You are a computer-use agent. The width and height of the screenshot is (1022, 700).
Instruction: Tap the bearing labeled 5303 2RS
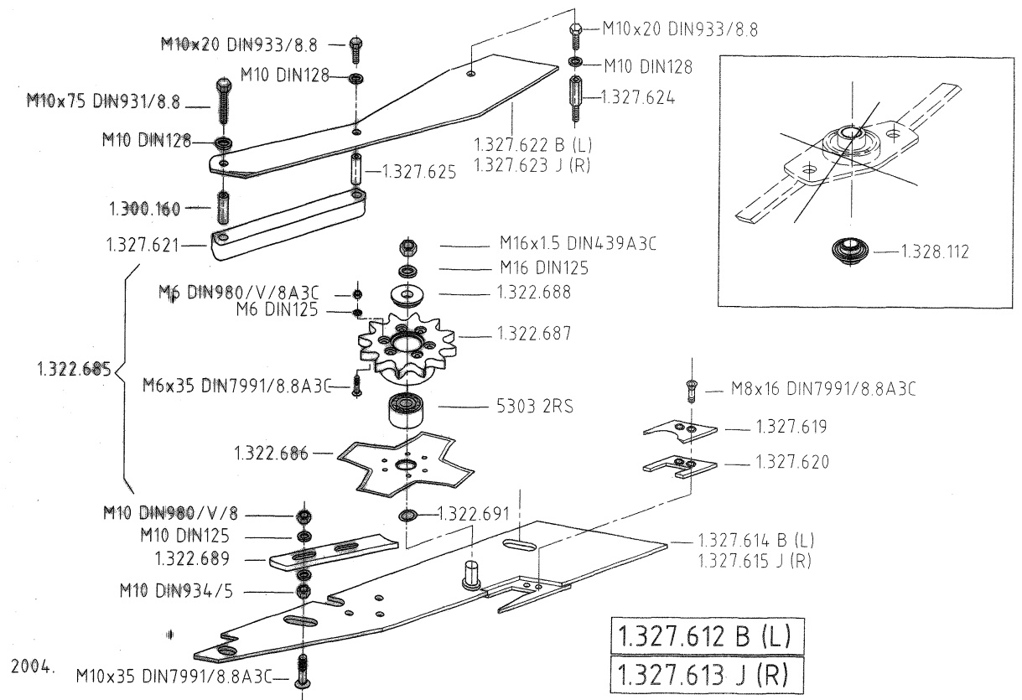pyautogui.click(x=406, y=409)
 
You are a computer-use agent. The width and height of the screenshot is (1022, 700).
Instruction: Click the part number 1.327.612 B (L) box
pyautogui.click(x=708, y=636)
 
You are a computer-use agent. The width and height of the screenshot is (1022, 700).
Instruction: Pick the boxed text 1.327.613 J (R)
pyautogui.click(x=707, y=675)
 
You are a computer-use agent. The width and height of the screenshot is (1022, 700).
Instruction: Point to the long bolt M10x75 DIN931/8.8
pyautogui.click(x=223, y=101)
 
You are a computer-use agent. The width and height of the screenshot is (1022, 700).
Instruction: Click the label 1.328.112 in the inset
pyautogui.click(x=935, y=251)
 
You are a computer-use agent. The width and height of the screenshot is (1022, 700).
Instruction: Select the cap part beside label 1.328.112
pyautogui.click(x=849, y=251)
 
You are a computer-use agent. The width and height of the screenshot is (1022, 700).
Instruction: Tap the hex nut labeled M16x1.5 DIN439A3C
pyautogui.click(x=408, y=247)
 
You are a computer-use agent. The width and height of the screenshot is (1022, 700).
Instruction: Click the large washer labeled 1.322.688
pyautogui.click(x=407, y=296)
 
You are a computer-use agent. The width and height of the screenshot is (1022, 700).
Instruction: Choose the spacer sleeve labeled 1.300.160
pyautogui.click(x=223, y=208)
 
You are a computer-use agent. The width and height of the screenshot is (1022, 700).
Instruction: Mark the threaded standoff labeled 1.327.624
pyautogui.click(x=575, y=99)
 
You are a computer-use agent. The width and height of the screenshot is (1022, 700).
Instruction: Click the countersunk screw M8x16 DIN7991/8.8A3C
pyautogui.click(x=692, y=391)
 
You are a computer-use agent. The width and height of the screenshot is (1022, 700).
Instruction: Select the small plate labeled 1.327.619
pyautogui.click(x=680, y=431)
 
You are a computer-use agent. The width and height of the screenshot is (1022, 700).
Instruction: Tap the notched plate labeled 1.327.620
pyautogui.click(x=680, y=466)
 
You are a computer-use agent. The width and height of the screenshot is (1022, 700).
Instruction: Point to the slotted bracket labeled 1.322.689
pyautogui.click(x=333, y=552)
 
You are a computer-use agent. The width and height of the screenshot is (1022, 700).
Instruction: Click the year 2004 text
pyautogui.click(x=32, y=666)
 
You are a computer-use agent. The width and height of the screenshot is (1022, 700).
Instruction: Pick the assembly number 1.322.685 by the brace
pyautogui.click(x=74, y=369)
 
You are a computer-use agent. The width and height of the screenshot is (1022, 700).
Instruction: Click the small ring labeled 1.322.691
pyautogui.click(x=407, y=516)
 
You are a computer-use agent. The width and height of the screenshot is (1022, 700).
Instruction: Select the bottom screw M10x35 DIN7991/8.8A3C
pyautogui.click(x=303, y=671)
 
